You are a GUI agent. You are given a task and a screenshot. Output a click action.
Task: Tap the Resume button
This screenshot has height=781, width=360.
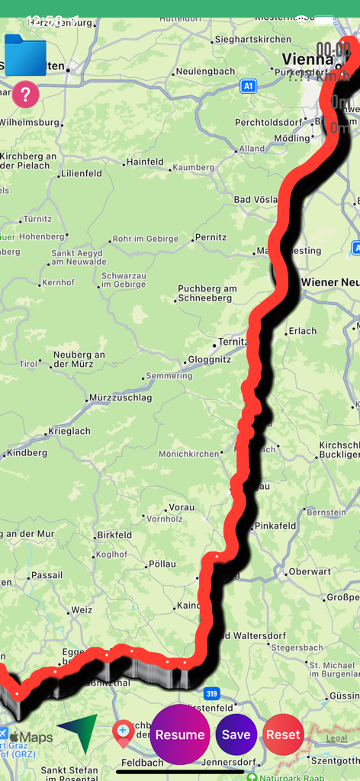180,734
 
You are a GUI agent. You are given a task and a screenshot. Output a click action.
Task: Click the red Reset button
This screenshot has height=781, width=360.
283,734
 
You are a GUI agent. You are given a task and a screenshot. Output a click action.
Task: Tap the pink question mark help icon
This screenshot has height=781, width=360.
25,95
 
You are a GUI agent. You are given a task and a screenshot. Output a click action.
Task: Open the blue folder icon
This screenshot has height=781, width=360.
25,55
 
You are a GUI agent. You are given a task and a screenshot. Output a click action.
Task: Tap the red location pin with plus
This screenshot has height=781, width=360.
123,734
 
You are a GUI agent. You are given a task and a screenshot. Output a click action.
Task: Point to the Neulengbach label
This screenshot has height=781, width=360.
204,71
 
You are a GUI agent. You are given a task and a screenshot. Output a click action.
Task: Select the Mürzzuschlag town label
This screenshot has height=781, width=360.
120,397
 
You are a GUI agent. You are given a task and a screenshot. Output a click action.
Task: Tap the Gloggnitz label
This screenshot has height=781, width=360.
210,360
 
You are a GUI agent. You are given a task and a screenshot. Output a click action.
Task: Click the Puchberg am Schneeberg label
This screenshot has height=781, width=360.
207,294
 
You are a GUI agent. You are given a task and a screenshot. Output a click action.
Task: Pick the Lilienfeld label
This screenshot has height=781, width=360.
82,173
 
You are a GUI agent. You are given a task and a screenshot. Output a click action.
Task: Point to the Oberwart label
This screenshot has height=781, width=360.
310,571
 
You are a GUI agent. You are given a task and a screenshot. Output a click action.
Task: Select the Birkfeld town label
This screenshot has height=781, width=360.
114,535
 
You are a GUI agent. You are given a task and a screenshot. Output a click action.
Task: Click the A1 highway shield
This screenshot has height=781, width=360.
248,87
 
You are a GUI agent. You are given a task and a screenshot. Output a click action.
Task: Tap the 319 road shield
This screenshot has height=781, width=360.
212,693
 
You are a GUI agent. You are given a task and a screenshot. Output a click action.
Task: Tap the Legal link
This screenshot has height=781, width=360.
336,738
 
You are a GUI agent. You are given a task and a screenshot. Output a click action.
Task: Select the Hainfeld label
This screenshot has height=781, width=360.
145,162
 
